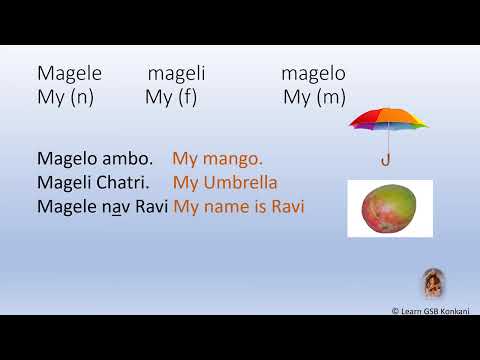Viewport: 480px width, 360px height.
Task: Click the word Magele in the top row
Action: click(69, 74)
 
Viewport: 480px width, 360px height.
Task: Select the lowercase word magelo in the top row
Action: click(313, 74)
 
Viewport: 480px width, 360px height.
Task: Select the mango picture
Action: click(389, 209)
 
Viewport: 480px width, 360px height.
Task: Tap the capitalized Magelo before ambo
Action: click(70, 158)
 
